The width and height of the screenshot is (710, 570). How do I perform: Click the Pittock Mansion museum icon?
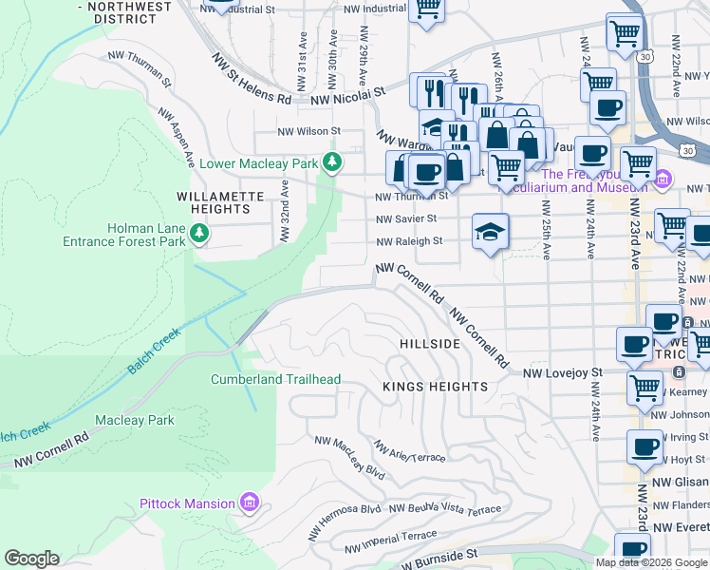pyautogui.click(x=250, y=502)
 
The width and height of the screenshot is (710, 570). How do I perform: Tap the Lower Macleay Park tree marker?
pyautogui.click(x=331, y=162)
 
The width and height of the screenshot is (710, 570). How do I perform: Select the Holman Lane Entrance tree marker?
pyautogui.click(x=198, y=233)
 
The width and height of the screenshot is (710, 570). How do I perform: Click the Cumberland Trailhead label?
pyautogui.click(x=275, y=379)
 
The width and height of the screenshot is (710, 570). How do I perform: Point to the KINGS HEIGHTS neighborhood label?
pyautogui.click(x=435, y=387)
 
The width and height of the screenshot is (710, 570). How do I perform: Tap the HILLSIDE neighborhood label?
pyautogui.click(x=429, y=343)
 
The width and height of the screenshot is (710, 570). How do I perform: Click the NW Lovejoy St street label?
pyautogui.click(x=564, y=373)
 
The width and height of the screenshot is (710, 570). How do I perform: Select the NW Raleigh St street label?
pyautogui.click(x=409, y=241)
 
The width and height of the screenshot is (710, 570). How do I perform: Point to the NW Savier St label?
pyautogui.click(x=405, y=218)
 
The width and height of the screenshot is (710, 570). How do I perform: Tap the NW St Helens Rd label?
pyautogui.click(x=252, y=80)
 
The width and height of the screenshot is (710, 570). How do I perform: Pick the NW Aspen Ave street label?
pyautogui.click(x=177, y=137)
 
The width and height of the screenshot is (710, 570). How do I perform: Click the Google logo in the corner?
pyautogui.click(x=31, y=559)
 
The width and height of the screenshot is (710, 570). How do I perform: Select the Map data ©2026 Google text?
pyautogui.click(x=650, y=562)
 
